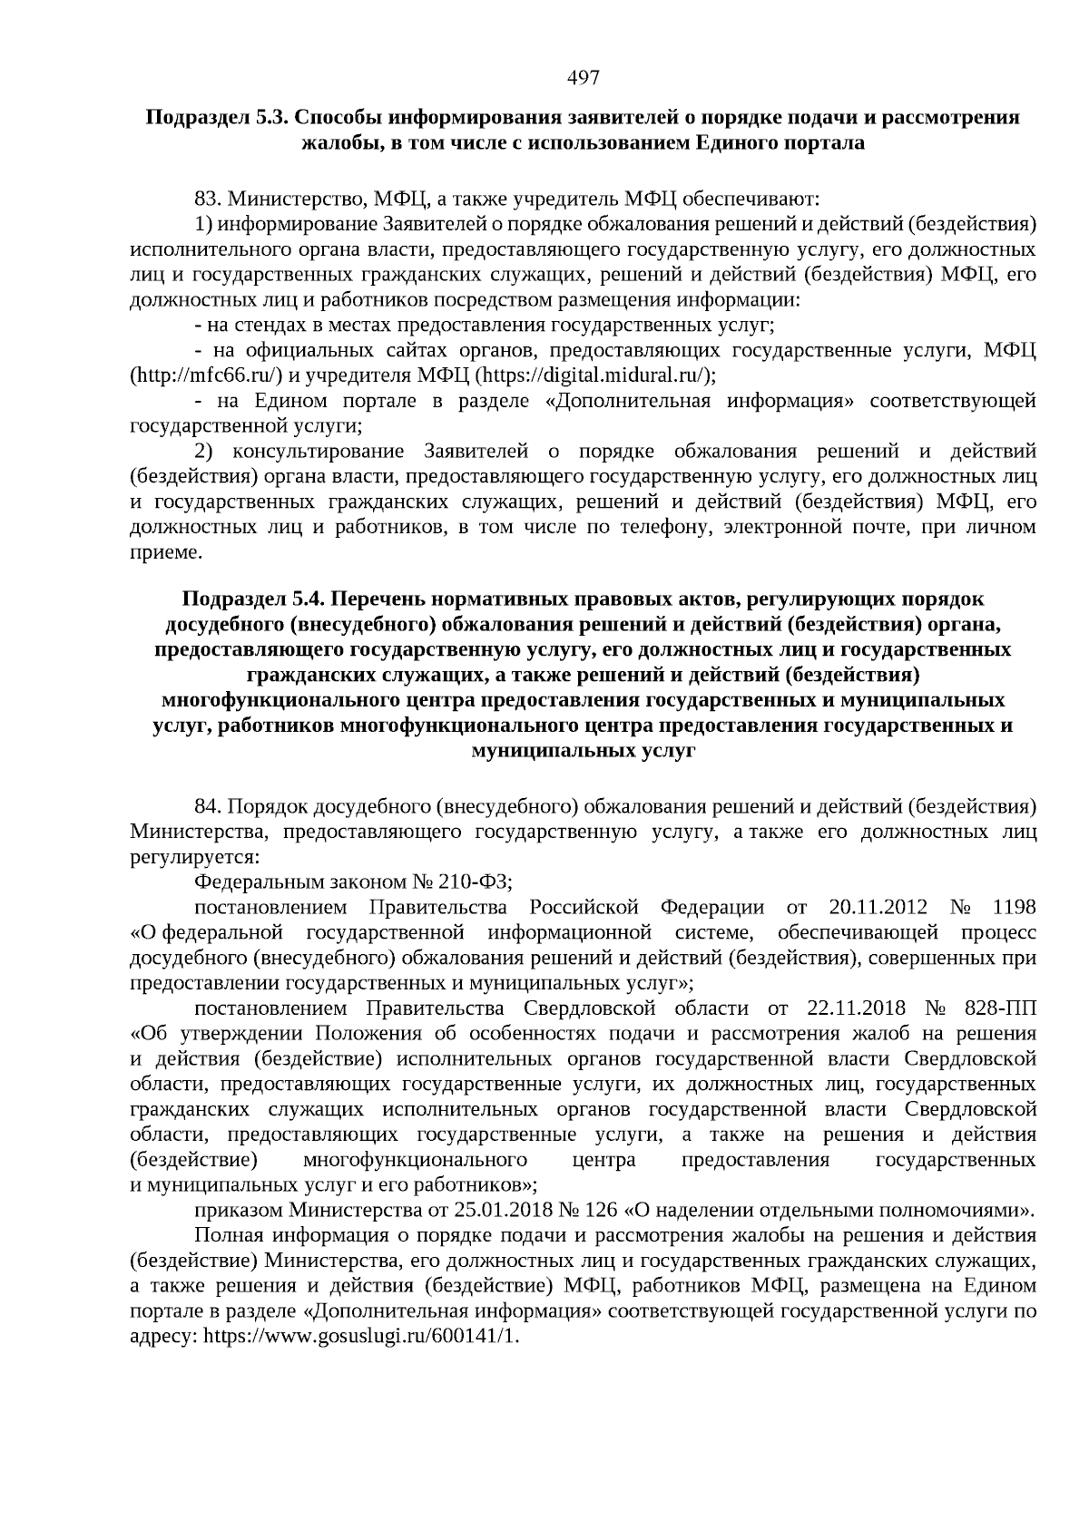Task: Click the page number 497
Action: pyautogui.click(x=584, y=78)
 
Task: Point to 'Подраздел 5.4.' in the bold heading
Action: pyautogui.click(x=253, y=599)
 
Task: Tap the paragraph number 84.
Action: pyautogui.click(x=208, y=806)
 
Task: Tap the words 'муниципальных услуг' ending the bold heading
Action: pyautogui.click(x=584, y=751)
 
